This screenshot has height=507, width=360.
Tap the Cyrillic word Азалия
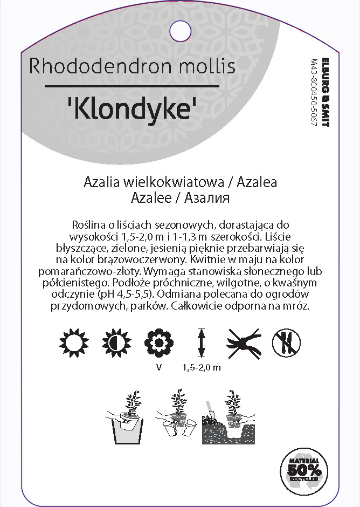(207, 197)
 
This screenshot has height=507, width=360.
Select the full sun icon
(71, 341)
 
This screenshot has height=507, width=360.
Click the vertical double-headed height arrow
(202, 342)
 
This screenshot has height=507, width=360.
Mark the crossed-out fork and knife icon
(287, 341)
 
